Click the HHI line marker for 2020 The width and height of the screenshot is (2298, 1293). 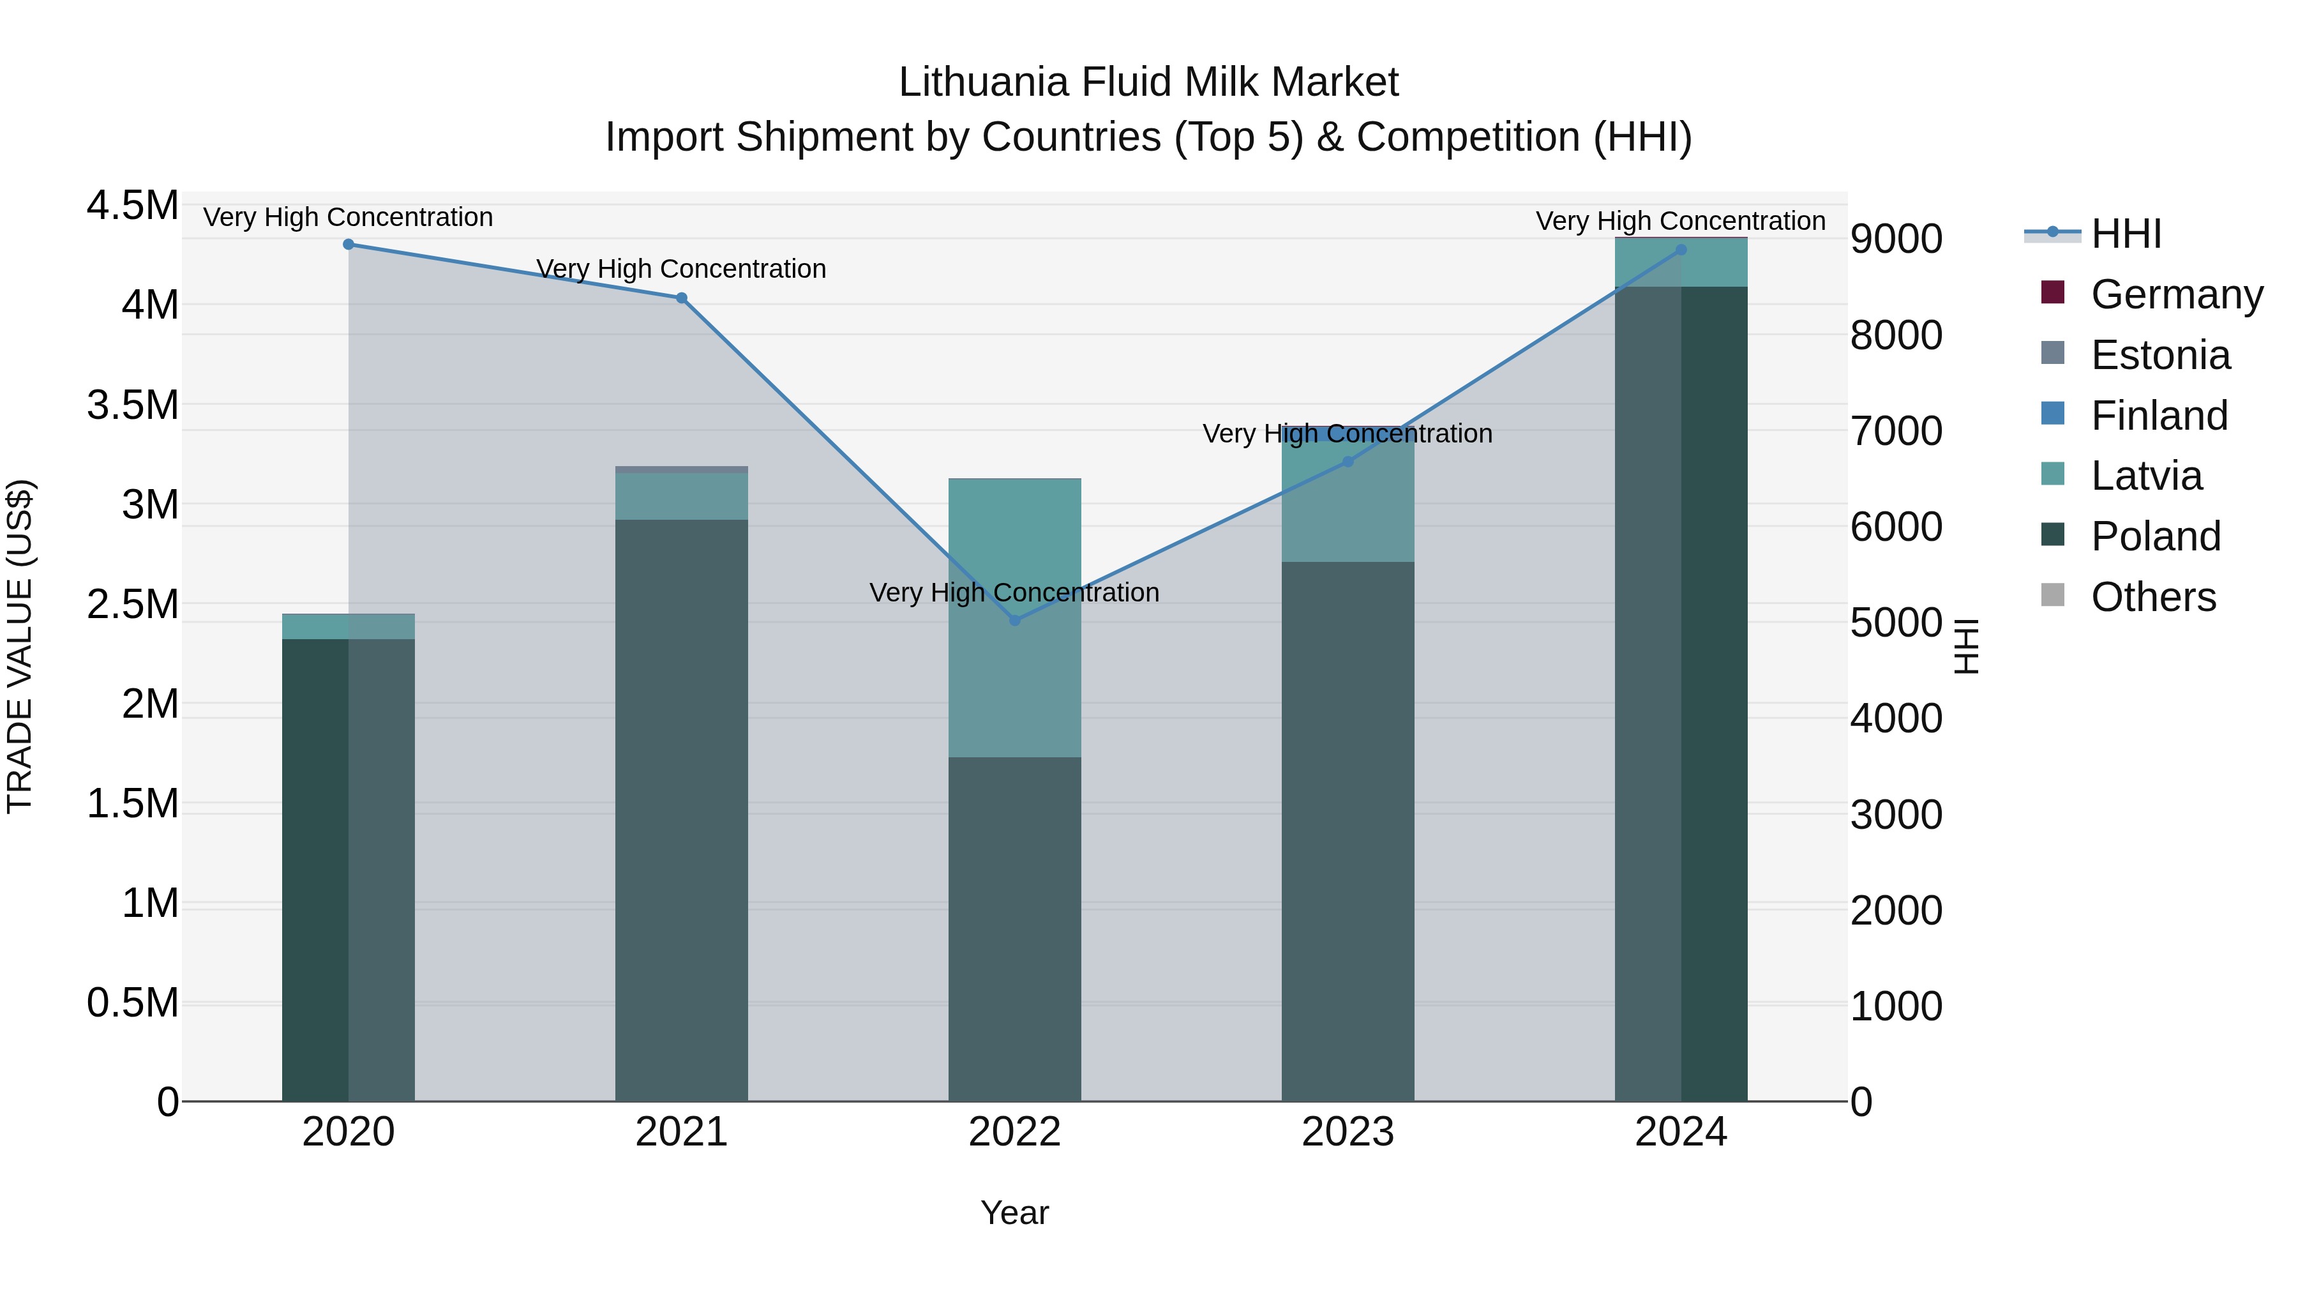coord(349,245)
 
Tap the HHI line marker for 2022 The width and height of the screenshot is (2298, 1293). coord(1014,620)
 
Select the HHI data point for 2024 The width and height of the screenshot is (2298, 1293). coord(1681,250)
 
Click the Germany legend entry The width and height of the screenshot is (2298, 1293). coord(2177,294)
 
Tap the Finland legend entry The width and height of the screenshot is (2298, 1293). coord(2159,416)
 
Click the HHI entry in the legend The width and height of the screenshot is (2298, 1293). coord(2126,234)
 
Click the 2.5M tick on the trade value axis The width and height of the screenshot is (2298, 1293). coord(132,604)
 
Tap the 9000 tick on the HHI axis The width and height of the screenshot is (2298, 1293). coord(1896,239)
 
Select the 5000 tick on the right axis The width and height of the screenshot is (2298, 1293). coord(1896,623)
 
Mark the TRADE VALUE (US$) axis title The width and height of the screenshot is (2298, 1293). coord(20,646)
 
